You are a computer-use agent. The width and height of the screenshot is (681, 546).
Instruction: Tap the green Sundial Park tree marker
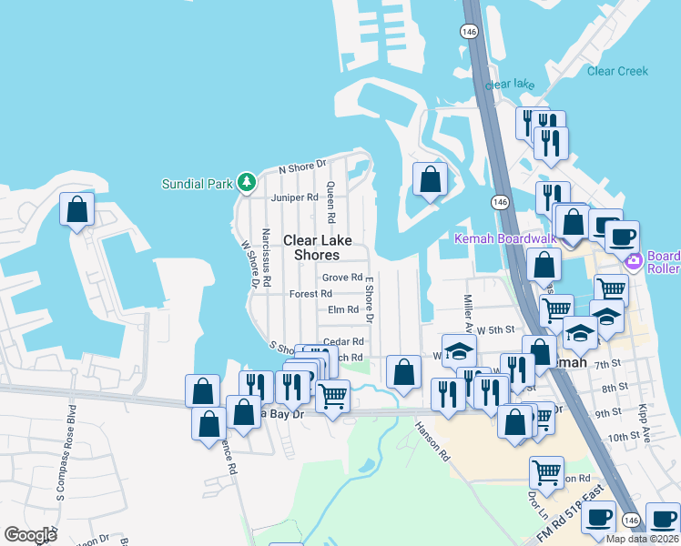click(x=246, y=183)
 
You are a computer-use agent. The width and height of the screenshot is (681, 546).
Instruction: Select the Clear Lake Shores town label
click(x=311, y=248)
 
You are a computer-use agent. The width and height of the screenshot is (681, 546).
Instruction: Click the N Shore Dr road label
click(x=302, y=167)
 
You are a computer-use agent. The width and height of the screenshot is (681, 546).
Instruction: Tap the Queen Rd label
click(x=331, y=202)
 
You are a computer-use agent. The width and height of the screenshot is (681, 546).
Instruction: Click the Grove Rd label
click(x=342, y=278)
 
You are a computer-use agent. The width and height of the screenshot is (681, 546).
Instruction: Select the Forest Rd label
click(x=310, y=294)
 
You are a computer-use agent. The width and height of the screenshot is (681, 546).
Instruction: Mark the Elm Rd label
click(x=343, y=310)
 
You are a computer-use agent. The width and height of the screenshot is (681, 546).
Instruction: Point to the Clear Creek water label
click(x=618, y=71)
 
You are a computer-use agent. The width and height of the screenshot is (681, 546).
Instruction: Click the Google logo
click(x=30, y=535)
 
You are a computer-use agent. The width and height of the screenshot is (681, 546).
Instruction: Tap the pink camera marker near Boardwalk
click(x=634, y=261)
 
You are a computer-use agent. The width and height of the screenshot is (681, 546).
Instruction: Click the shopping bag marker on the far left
click(x=77, y=209)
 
